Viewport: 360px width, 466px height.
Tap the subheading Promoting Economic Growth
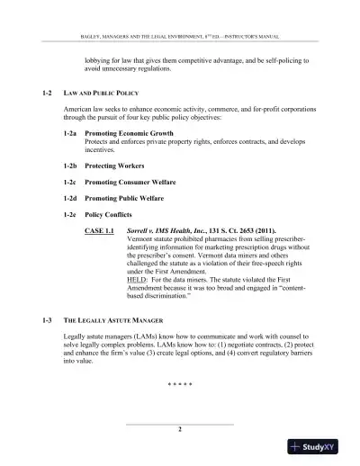(128, 132)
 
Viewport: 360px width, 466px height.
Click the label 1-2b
(69, 167)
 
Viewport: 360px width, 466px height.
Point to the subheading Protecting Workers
(115, 167)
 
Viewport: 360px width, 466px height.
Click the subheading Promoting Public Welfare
(127, 196)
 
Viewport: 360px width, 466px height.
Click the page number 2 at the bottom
(180, 432)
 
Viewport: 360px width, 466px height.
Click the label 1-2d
(69, 196)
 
